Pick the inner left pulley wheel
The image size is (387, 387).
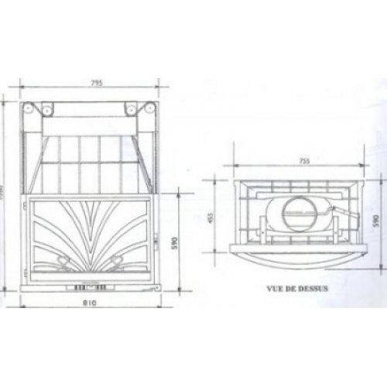tap(47, 109)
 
